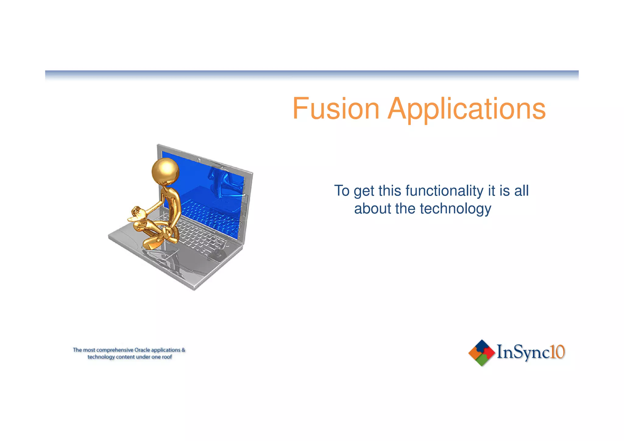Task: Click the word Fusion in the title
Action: point(336,108)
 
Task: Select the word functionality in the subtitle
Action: point(445,191)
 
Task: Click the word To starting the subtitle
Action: point(342,191)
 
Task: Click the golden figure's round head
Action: point(165,171)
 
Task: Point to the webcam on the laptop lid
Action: point(198,160)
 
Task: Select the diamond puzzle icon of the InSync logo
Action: point(481,353)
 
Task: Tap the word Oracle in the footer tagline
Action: point(142,350)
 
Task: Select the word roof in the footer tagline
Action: point(167,357)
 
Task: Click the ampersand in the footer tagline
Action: point(183,350)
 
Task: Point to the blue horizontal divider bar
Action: point(312,73)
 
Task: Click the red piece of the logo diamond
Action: point(489,353)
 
